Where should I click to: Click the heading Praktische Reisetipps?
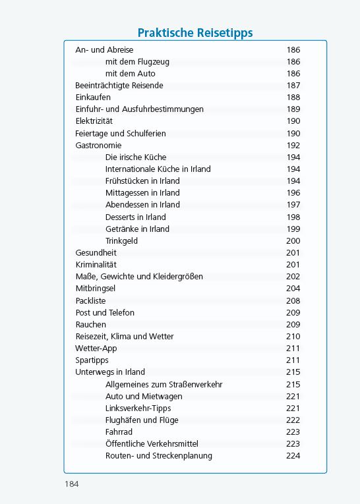click(x=195, y=33)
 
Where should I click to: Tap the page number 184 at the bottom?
click(x=71, y=484)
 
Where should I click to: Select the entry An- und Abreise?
click(x=104, y=49)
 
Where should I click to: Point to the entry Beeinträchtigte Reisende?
click(x=119, y=86)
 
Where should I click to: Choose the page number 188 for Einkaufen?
click(x=293, y=98)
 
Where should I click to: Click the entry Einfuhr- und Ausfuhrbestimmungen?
click(x=140, y=109)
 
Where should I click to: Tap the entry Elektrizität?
click(x=95, y=121)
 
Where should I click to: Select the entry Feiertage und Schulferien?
click(x=121, y=133)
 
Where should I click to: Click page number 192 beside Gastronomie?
click(x=293, y=146)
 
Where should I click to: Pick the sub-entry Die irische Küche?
click(x=136, y=157)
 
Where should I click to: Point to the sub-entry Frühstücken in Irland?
click(x=142, y=181)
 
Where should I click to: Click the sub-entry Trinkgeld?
click(x=121, y=241)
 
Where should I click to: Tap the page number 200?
click(x=293, y=241)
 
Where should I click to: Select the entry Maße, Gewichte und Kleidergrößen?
click(x=139, y=277)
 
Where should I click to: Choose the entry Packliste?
click(x=90, y=300)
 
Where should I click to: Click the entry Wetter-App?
click(x=96, y=349)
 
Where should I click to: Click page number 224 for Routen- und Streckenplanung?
click(x=293, y=456)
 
